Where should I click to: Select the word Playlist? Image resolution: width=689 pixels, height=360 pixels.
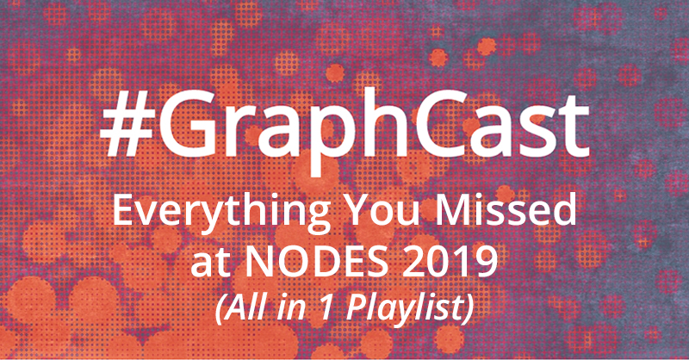click(x=403, y=308)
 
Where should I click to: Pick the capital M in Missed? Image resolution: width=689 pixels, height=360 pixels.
click(x=454, y=210)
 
